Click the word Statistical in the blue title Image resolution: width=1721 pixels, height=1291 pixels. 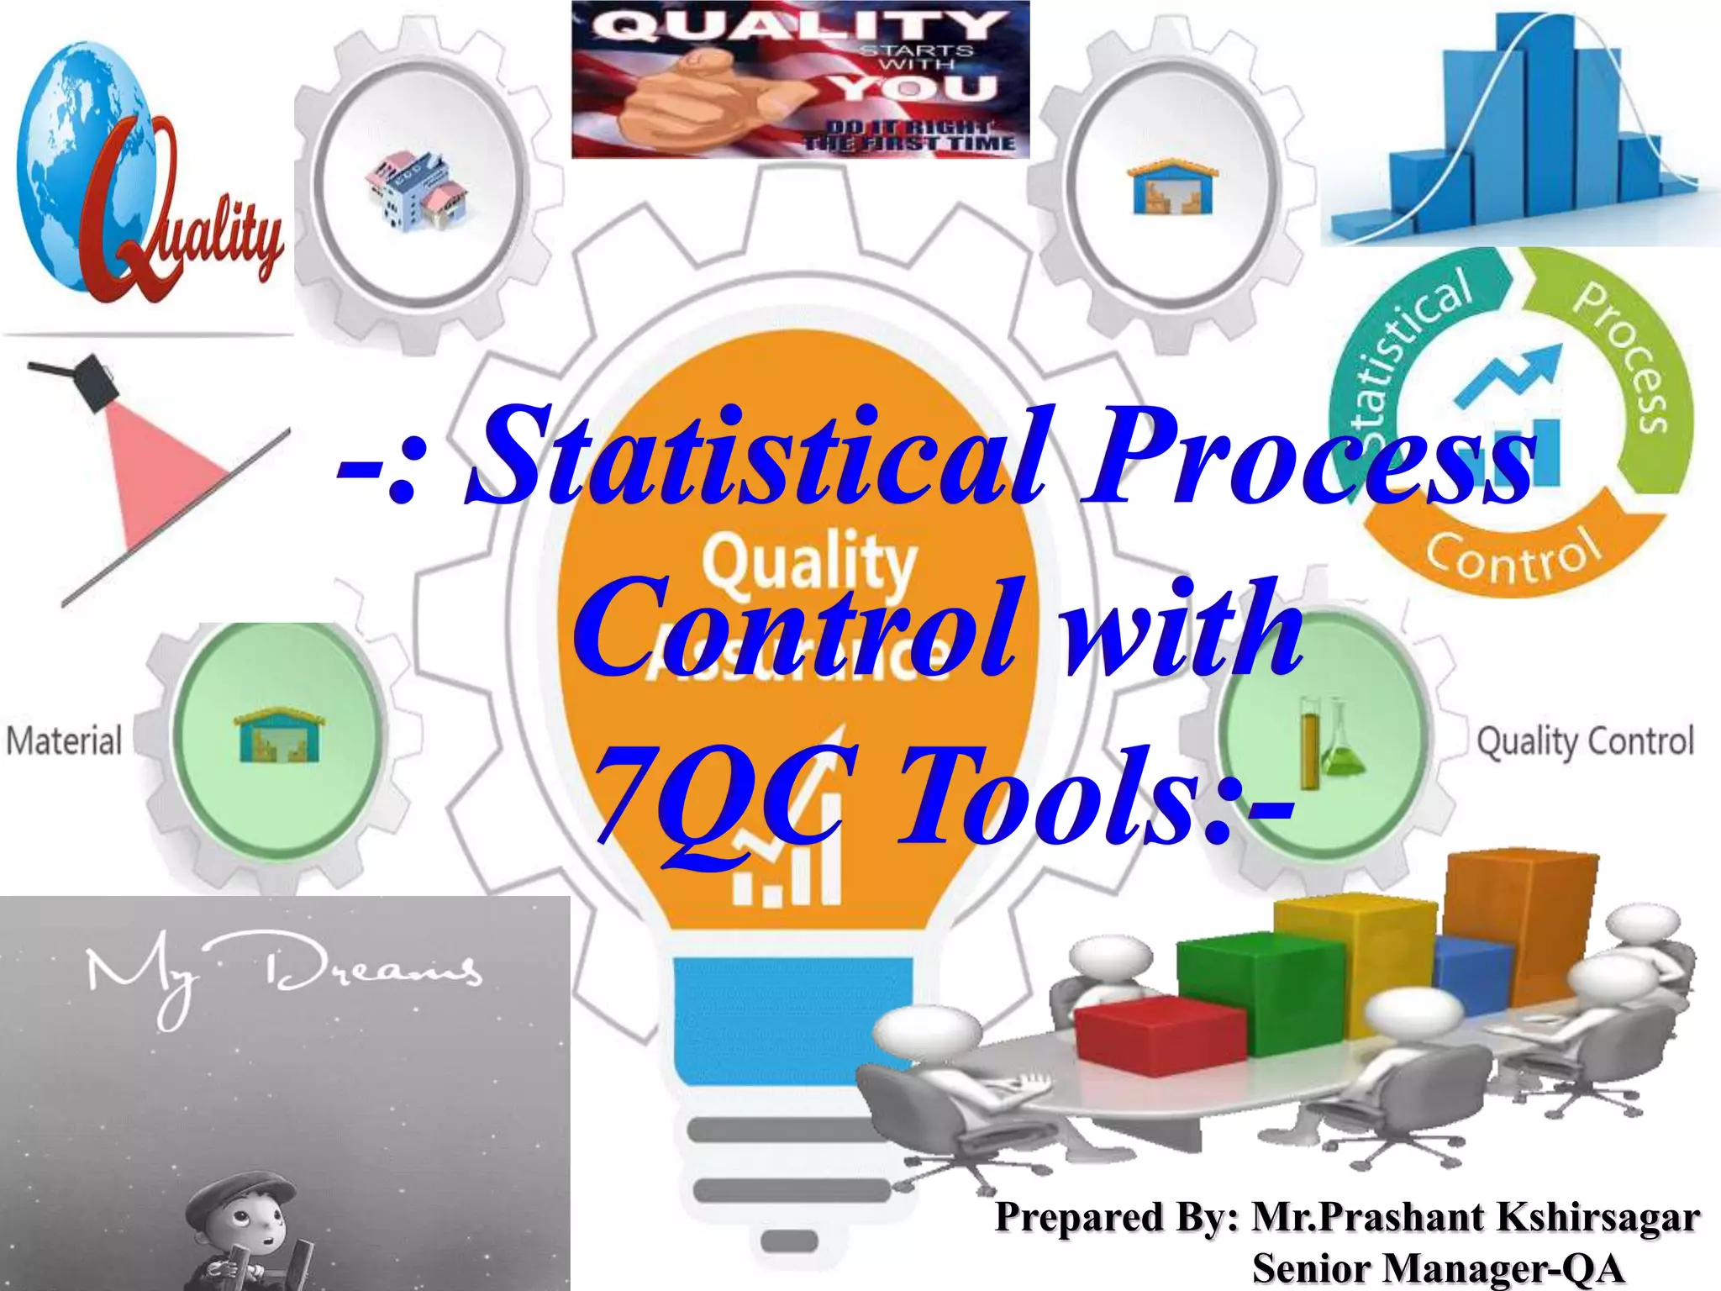tap(756, 458)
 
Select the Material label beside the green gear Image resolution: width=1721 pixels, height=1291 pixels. tap(64, 741)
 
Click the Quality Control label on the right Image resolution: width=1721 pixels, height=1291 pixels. tap(1585, 742)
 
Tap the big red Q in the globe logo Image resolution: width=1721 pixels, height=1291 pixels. tap(126, 210)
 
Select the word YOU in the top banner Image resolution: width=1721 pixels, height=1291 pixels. tap(916, 87)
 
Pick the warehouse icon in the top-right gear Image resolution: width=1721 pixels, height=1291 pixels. tap(1172, 187)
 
